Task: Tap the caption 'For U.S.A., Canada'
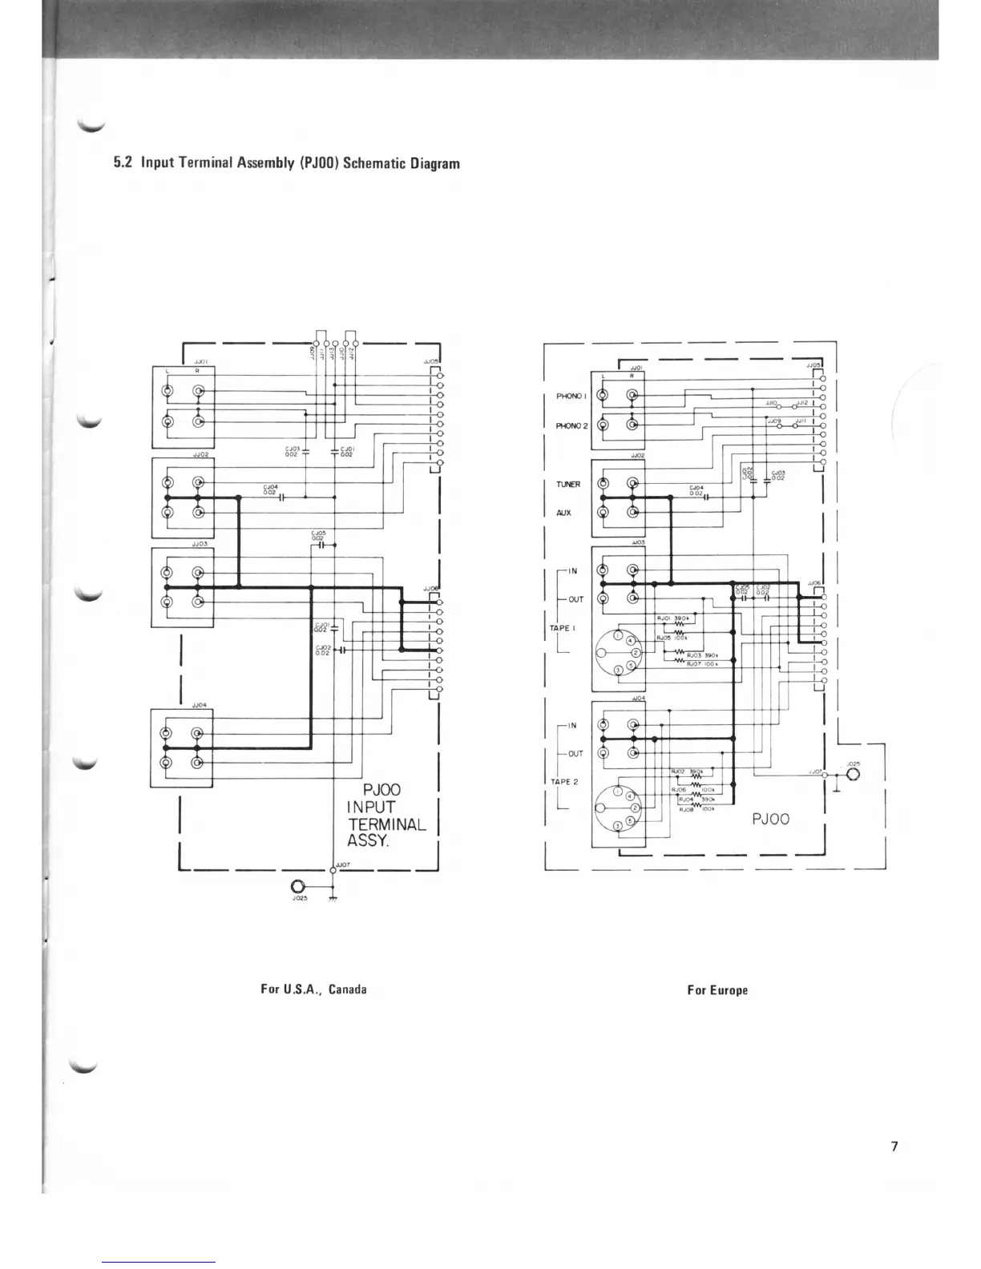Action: pos(313,989)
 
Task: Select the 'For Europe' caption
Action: pos(717,990)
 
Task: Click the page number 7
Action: pos(894,1146)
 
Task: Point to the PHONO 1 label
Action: pos(572,396)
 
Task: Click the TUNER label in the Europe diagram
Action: pos(568,484)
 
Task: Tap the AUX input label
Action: pos(563,513)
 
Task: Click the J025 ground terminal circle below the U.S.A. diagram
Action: pos(298,887)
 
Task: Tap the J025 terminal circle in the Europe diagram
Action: pos(850,775)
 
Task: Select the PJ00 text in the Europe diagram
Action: pos(771,818)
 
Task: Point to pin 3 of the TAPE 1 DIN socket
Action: pos(616,671)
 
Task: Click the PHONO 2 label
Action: pos(572,425)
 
